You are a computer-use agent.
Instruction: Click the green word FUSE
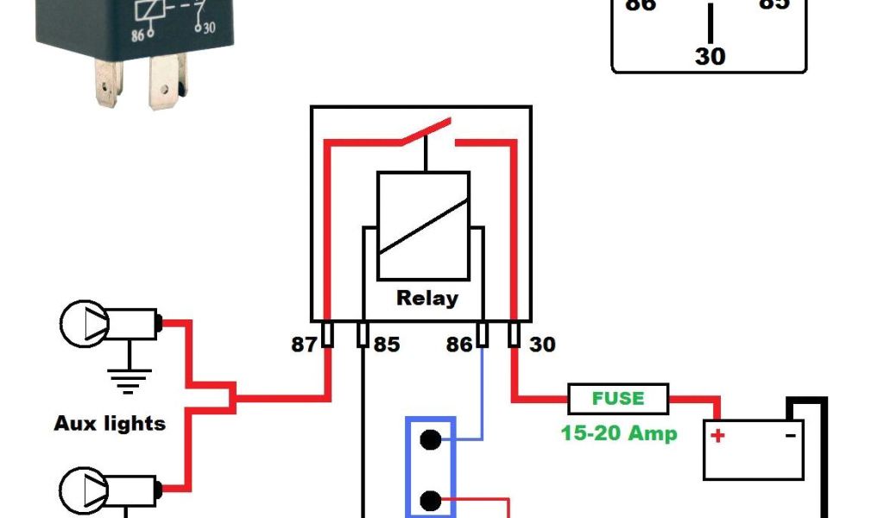point(618,399)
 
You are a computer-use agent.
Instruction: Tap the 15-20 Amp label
point(619,433)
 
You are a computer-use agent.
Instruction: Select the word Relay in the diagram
point(426,299)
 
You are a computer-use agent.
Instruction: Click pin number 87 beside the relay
point(303,345)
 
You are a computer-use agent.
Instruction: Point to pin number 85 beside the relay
point(386,345)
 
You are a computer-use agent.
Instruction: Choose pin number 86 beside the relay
point(459,345)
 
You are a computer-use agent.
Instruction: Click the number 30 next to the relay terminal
point(542,345)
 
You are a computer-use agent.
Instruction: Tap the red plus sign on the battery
point(717,435)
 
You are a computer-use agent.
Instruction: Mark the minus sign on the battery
point(790,435)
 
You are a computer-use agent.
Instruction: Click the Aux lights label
point(110,424)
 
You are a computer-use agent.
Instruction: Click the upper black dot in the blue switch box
point(429,439)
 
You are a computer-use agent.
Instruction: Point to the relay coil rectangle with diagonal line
point(423,224)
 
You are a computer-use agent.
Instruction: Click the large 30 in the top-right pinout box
point(710,57)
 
